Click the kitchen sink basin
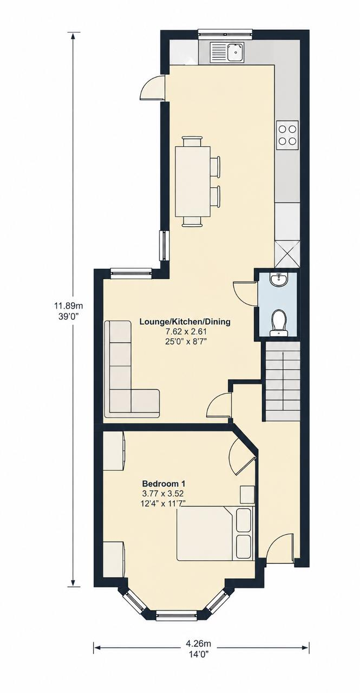pyautogui.click(x=235, y=51)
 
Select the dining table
pyautogui.click(x=193, y=181)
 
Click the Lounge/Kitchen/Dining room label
pyautogui.click(x=185, y=322)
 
